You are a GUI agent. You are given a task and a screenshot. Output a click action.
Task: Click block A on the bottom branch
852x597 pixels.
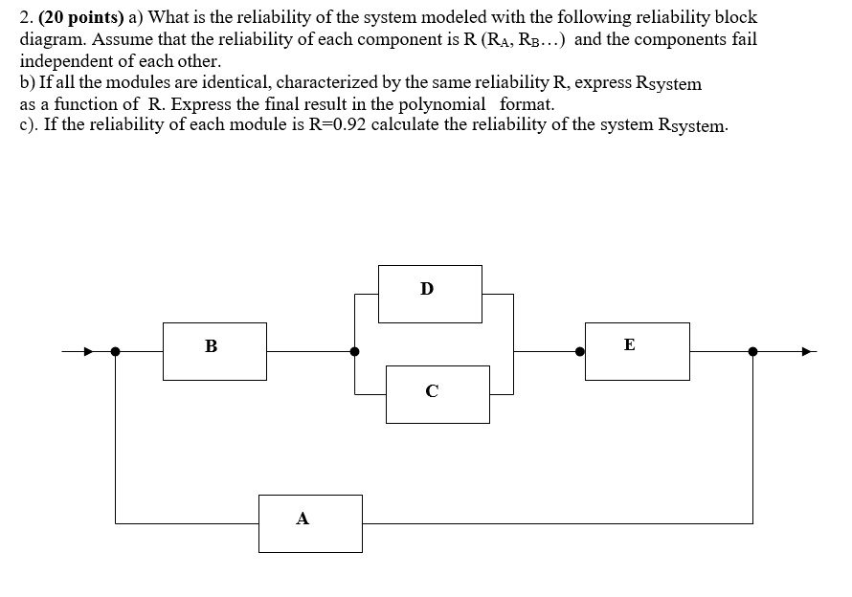pos(310,522)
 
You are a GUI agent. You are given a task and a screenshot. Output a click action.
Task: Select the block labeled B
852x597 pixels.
pos(214,350)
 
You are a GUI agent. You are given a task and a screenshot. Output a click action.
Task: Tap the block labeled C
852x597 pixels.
pos(437,394)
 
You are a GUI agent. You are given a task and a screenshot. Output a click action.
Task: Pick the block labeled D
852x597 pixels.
pos(430,293)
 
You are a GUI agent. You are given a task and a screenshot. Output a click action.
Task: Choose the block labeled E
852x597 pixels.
pos(637,350)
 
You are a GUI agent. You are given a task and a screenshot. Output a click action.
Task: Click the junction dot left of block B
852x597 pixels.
pos(116,351)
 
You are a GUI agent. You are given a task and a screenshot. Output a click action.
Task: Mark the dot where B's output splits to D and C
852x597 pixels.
pos(355,351)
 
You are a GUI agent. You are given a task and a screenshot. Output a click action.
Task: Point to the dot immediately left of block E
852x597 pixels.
pos(579,351)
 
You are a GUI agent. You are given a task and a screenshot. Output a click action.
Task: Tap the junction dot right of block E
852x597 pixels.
pos(752,351)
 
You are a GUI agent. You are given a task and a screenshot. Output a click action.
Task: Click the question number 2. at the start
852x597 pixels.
pos(27,17)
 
